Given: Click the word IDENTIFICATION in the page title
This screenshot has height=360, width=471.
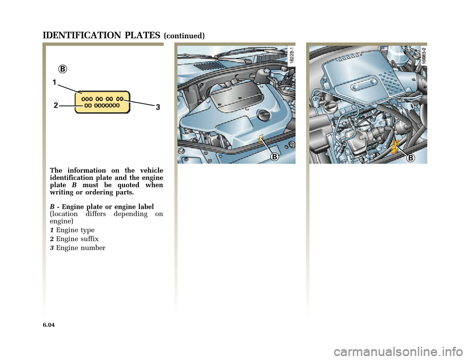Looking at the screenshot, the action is point(82,35).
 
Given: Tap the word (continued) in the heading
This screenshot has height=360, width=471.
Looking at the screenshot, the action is point(184,36).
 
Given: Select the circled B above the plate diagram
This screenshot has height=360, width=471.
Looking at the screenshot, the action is point(62,69).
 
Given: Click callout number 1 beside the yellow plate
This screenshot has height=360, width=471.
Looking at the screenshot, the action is point(54,82).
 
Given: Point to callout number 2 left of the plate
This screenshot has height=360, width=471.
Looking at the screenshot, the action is point(56,105).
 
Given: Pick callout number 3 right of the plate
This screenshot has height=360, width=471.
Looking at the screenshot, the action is point(157,107).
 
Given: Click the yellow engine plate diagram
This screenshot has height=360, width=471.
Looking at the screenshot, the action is point(103,102).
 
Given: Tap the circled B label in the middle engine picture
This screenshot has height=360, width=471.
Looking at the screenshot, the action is point(274,157).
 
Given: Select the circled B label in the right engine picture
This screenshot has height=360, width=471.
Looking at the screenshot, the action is point(410,158).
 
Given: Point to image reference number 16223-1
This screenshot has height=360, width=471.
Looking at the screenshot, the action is point(291,55).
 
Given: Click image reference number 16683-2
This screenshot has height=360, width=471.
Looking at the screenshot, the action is point(423,55).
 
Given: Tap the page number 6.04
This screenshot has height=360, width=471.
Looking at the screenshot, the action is point(49,325).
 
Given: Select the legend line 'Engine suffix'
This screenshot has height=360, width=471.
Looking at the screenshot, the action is point(74,239).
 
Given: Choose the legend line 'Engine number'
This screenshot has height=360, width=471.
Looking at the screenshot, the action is point(78,248).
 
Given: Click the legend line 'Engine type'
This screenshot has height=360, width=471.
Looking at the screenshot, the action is point(72,230).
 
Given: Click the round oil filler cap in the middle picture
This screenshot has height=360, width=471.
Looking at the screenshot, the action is point(263,115).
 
